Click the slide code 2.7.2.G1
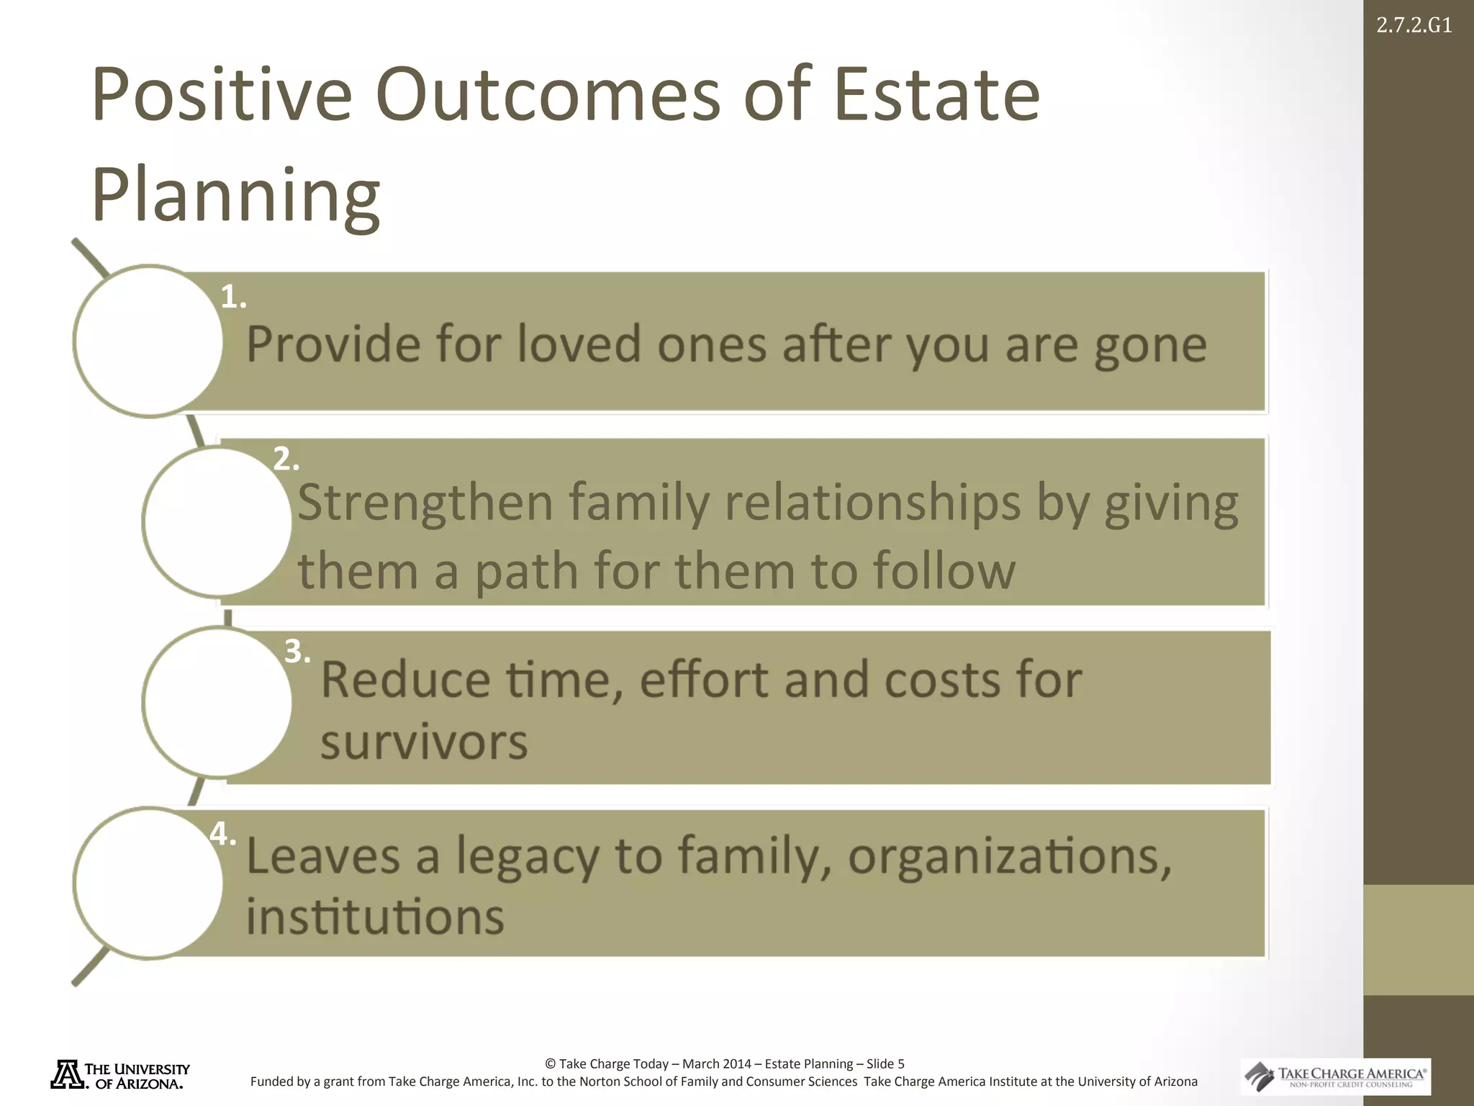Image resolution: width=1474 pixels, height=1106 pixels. coord(1414,26)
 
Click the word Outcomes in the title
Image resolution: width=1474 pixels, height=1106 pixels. coord(548,95)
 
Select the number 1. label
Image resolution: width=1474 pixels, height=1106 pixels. coord(233,297)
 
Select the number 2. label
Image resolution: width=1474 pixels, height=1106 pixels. coord(286,459)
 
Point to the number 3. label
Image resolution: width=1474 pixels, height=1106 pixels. coord(297,652)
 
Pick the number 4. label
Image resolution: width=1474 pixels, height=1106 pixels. coord(223,835)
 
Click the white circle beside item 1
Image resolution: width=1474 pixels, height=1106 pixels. coord(148,341)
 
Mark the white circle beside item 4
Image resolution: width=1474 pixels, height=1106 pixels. coord(148,883)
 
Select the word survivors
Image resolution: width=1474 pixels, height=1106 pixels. coord(424,743)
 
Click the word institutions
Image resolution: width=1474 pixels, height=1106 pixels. coord(375,917)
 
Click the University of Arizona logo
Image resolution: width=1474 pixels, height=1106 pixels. coord(120,1075)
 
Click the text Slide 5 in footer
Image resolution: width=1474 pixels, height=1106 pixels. coord(885,1064)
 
